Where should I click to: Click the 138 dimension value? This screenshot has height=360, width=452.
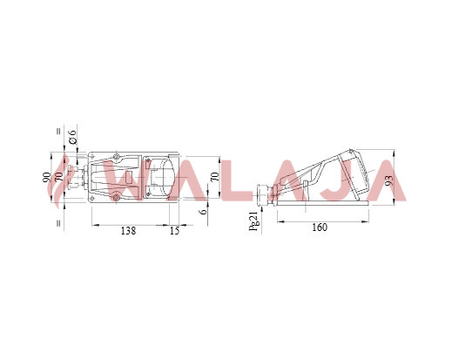click(128, 231)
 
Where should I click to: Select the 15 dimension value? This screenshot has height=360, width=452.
click(174, 231)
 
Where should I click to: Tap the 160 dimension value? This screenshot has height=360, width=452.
click(320, 228)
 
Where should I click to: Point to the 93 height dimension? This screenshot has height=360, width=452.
click(390, 180)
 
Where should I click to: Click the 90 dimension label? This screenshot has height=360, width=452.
click(46, 177)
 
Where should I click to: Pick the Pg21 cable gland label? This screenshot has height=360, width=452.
click(253, 221)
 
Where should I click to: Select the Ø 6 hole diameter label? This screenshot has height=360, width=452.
click(72, 137)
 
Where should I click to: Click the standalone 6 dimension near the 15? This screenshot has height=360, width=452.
click(204, 211)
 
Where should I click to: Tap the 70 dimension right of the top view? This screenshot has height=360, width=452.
click(215, 177)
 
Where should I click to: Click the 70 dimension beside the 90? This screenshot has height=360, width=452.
click(59, 177)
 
